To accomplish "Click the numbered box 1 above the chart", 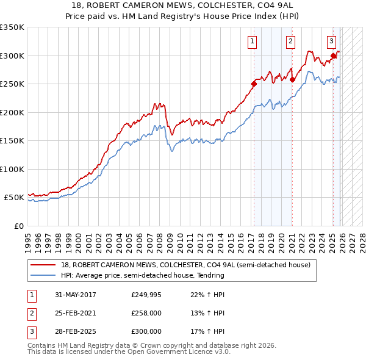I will (x=252, y=41).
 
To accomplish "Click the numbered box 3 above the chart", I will (x=331, y=41).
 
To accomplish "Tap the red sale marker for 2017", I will (x=254, y=84).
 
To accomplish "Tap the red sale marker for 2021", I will (x=292, y=79).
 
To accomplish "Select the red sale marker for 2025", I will (x=333, y=56).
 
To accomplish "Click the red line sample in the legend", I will (x=44, y=265).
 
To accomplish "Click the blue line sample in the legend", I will (x=44, y=275).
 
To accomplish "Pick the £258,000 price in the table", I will (x=146, y=313).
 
